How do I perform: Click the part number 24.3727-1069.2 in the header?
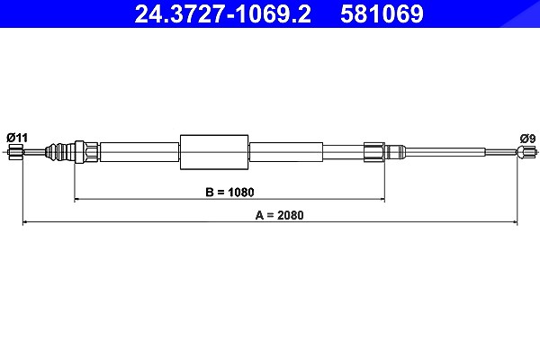click(x=222, y=13)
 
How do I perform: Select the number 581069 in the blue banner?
click(x=382, y=13)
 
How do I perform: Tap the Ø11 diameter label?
click(x=17, y=138)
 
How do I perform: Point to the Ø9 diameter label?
click(x=527, y=139)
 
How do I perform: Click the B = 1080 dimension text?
click(x=229, y=192)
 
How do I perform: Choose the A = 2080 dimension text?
click(x=279, y=215)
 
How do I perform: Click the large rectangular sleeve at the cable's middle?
click(x=214, y=152)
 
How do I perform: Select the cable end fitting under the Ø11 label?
click(x=16, y=152)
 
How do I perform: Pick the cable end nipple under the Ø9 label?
click(x=526, y=152)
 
